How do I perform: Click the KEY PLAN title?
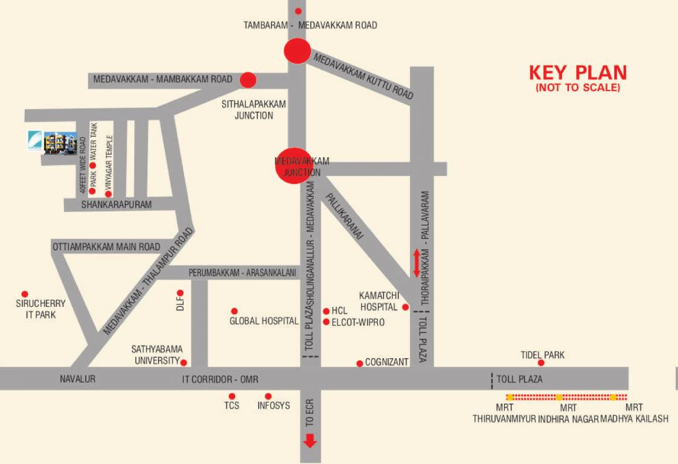click(578, 73)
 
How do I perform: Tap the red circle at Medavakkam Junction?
click(294, 165)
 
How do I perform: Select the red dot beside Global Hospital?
click(234, 311)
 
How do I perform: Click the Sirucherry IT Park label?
click(40, 309)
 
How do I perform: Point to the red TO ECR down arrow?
click(310, 441)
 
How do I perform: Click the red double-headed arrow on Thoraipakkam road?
click(417, 263)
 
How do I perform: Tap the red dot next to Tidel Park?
click(542, 363)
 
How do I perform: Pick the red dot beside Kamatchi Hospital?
click(406, 307)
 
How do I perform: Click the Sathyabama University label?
click(157, 355)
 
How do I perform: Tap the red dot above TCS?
click(232, 396)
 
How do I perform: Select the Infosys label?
click(273, 405)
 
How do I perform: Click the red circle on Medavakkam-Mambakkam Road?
click(248, 79)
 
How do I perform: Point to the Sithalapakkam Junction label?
click(254, 109)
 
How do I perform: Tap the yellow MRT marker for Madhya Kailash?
click(613, 398)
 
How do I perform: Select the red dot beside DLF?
click(180, 293)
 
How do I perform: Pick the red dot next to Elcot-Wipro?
click(326, 322)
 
